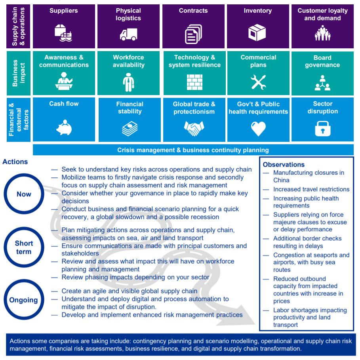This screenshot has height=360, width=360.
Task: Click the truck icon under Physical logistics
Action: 128,35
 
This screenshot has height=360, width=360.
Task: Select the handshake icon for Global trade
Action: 194,128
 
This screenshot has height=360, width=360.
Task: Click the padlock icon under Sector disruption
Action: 322,128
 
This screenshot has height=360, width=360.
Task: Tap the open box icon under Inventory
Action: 257,33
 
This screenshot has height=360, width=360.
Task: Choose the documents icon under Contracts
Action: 193,34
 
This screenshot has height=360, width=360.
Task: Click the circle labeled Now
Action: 24,194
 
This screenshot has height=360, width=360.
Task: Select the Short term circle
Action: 24,248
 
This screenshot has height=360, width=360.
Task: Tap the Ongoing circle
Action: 24,300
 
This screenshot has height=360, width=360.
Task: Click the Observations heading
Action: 284,164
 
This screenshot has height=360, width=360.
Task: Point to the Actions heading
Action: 15,162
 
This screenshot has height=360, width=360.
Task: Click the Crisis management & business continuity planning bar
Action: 193,150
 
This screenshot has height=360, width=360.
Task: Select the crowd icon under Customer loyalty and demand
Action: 322,33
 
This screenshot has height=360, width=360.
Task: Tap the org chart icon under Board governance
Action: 322,82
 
